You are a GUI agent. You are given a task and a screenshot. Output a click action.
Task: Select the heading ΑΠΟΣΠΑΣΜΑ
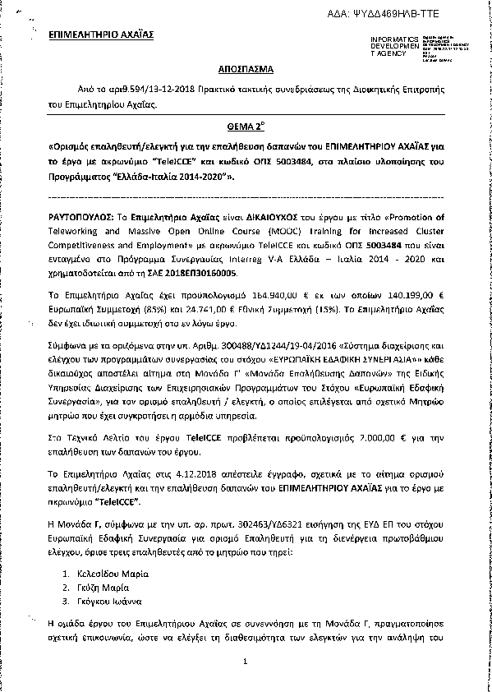click(x=246, y=72)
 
